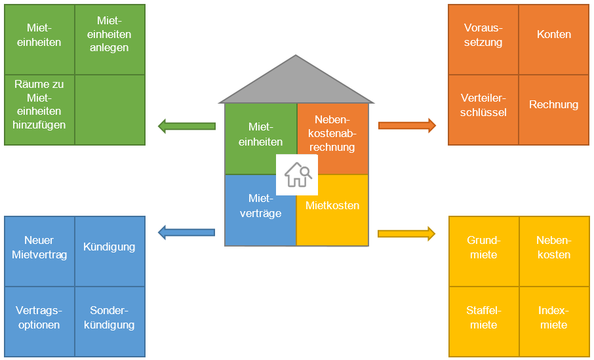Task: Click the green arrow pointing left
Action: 187,126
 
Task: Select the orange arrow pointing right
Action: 407,126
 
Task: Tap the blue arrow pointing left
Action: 187,231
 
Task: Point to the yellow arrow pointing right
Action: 407,233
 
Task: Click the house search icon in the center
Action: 297,175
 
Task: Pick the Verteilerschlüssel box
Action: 483,110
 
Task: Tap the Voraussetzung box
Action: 483,39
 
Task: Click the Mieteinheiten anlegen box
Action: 109,39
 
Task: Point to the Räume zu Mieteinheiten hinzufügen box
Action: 39,110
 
